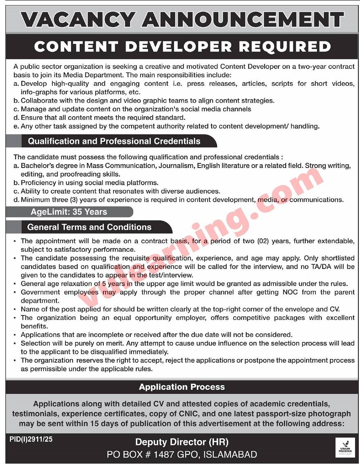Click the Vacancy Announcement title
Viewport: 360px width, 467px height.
182,20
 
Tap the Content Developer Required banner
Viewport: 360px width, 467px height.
182,46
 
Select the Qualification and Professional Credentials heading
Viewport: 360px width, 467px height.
114,141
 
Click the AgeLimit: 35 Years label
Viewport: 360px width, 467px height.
69,212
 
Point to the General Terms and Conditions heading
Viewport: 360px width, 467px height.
89,227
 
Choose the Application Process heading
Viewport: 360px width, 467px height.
182,387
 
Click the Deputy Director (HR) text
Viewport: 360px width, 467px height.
182,442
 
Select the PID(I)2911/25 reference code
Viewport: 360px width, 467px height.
31,440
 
